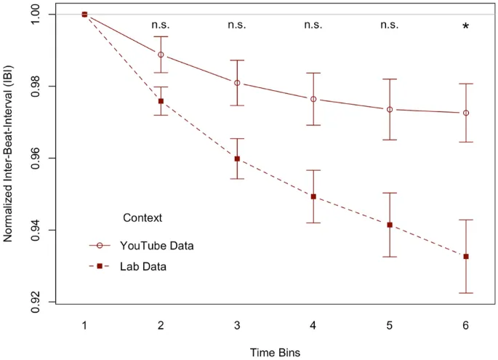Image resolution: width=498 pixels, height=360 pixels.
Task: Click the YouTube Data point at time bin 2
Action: pos(161,55)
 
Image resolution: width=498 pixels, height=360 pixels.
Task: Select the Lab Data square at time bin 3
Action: pos(237,159)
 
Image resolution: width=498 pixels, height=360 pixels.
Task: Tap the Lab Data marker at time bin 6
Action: pos(466,256)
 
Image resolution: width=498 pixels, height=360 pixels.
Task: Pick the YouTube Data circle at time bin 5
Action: pos(390,109)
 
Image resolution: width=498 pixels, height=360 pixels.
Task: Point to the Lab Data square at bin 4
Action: pos(313,196)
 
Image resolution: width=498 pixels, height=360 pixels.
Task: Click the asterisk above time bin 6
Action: pos(466,27)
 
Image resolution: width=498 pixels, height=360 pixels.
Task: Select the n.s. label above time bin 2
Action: pos(161,25)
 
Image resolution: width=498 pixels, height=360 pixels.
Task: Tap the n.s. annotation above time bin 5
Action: pos(390,25)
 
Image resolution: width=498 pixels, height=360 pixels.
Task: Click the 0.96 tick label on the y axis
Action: pos(34,159)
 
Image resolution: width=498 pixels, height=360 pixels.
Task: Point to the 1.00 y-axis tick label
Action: pos(34,15)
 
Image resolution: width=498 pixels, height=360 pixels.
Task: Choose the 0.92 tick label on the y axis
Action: pos(34,302)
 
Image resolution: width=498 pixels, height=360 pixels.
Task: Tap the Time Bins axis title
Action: pos(275,352)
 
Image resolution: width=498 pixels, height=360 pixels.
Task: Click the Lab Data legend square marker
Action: pos(99,267)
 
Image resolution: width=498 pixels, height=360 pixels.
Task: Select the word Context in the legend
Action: pos(142,217)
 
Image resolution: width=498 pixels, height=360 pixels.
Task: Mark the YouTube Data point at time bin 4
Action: pos(313,99)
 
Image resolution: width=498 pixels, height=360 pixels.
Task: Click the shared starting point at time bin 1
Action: pos(84,14)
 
